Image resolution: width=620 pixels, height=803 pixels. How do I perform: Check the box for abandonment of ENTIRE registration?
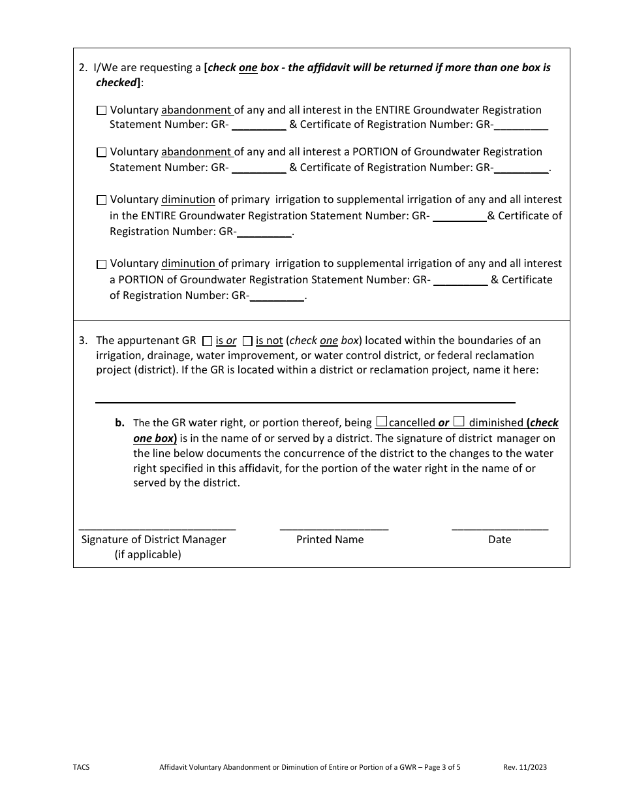(x=101, y=111)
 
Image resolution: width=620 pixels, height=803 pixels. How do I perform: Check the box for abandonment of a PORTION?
(x=101, y=153)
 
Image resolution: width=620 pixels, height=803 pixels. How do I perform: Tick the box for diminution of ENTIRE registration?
(x=101, y=200)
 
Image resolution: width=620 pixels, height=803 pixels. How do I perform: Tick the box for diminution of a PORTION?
(x=101, y=264)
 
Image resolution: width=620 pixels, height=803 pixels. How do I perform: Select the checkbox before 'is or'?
(x=208, y=341)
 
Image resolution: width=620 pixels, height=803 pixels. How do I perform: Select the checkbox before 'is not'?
(x=247, y=341)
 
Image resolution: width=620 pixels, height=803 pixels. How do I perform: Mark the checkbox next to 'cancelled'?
(x=382, y=422)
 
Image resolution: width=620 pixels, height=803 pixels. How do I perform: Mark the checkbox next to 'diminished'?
(x=459, y=422)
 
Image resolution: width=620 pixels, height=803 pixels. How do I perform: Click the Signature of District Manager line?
(x=157, y=527)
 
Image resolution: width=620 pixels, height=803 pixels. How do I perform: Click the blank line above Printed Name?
(x=333, y=527)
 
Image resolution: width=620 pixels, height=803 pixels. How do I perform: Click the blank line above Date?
(x=500, y=527)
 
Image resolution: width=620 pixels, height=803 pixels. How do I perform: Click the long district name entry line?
(x=305, y=401)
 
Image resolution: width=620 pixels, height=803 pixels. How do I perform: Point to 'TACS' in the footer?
(x=82, y=768)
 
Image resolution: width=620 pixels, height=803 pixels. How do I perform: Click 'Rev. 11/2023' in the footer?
(x=525, y=768)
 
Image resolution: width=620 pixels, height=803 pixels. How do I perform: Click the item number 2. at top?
(x=83, y=68)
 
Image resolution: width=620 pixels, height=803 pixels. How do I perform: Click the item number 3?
(x=83, y=340)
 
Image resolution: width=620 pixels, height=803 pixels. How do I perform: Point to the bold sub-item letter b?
(x=120, y=422)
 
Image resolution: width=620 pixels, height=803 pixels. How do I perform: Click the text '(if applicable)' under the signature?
(x=148, y=555)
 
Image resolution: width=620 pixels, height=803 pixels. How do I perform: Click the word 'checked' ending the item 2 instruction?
(x=116, y=83)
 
